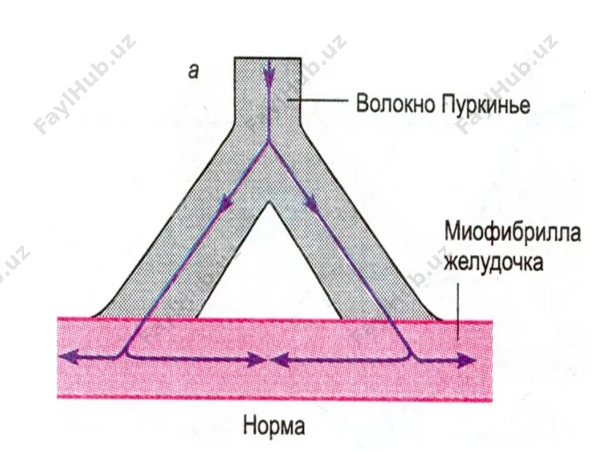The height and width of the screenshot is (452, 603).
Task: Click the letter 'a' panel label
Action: tap(194, 71)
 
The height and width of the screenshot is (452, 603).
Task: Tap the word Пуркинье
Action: tap(486, 104)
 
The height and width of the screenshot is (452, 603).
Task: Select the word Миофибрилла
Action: tap(513, 232)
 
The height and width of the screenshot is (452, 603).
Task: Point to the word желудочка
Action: tap(493, 263)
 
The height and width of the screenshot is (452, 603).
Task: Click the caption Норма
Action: tap(274, 426)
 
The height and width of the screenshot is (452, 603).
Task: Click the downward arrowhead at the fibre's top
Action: tap(269, 77)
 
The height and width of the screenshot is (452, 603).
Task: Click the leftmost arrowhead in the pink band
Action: tap(69, 357)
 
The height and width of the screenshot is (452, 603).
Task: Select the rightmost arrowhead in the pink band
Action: tap(467, 360)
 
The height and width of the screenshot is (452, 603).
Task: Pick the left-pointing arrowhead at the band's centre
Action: tap(280, 360)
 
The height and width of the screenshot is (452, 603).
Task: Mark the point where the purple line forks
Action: tap(269, 143)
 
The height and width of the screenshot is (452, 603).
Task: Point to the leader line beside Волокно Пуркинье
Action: tap(318, 100)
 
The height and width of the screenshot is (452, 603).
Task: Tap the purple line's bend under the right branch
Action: tap(412, 356)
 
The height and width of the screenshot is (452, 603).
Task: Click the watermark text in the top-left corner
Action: tap(85, 84)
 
